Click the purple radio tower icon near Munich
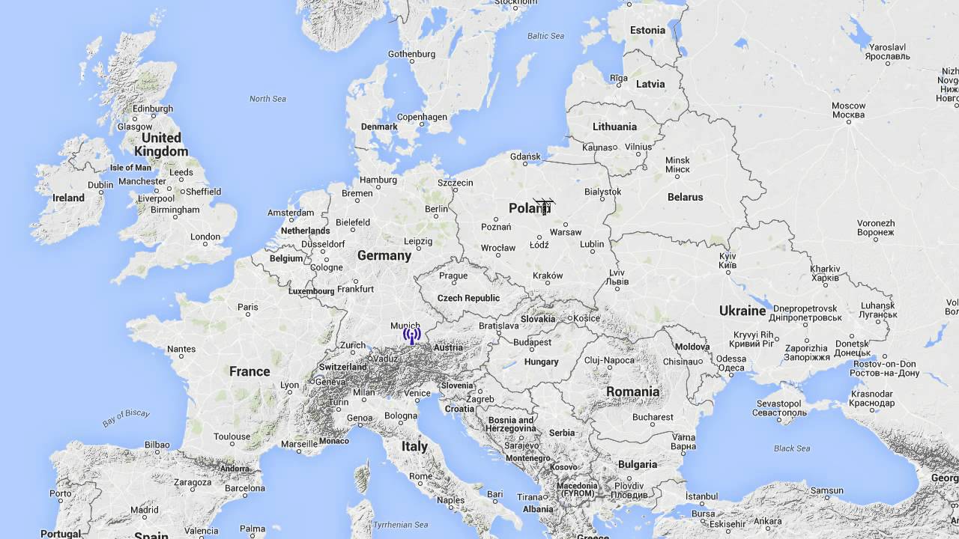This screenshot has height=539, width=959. point(411,336)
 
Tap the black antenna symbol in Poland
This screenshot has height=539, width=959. point(544,205)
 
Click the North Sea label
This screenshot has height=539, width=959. point(267,99)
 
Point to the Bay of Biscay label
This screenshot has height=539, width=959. point(126,418)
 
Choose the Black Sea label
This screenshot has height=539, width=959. point(792,448)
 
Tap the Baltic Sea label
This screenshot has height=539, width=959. point(545,36)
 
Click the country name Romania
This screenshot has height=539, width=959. point(633,392)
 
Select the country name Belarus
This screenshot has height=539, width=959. point(686,197)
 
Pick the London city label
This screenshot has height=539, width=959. point(205,237)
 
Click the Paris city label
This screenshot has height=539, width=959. point(247,307)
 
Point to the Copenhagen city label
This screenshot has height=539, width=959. point(422,117)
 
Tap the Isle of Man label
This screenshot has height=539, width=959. point(130,168)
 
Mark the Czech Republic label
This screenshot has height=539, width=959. point(468,298)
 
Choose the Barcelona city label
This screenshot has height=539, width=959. point(244,488)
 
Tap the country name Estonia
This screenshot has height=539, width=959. point(647,30)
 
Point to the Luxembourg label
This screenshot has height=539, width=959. point(311,290)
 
